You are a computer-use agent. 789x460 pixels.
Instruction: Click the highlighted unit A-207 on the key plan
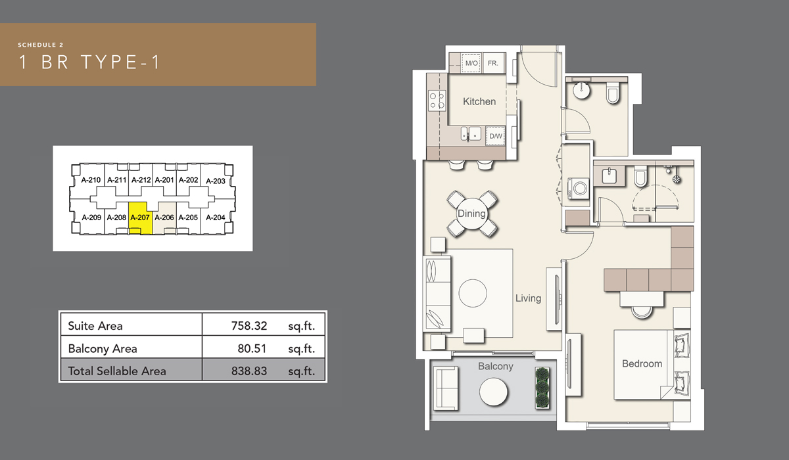coord(140,218)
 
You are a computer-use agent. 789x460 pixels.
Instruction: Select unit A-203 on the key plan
coord(215,181)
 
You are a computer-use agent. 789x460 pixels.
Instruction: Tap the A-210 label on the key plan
coord(90,180)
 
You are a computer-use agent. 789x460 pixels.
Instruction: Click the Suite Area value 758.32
coord(249,325)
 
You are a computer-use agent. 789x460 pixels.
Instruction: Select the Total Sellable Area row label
coord(117,371)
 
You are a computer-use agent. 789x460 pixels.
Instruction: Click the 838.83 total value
coord(249,371)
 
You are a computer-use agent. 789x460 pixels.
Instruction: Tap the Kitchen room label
coord(479,101)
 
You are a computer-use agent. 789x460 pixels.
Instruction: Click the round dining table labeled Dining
coord(471,214)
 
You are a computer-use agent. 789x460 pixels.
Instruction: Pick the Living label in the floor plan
coord(528,298)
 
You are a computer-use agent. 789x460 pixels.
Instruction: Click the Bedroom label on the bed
coord(642,363)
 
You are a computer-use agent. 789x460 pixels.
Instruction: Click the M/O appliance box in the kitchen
coord(471,64)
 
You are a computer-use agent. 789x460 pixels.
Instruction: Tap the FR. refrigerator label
coord(493,64)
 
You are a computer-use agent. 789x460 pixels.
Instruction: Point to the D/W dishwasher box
coord(495,136)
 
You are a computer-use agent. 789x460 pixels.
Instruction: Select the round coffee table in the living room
coord(473,292)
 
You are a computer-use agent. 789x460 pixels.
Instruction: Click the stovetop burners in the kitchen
coord(437,101)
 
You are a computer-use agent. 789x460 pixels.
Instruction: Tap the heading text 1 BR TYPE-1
coord(89,62)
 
